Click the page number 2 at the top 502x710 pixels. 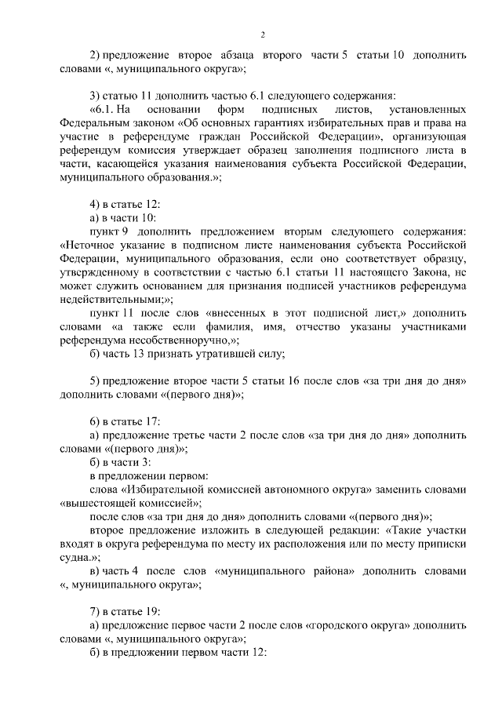pos(263,35)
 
